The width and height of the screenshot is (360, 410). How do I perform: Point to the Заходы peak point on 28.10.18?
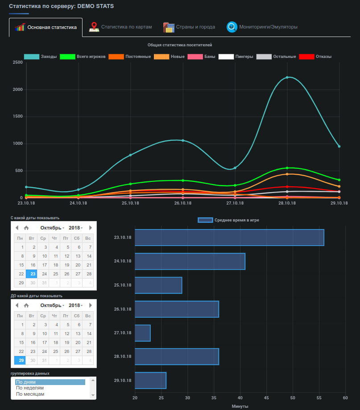(287, 78)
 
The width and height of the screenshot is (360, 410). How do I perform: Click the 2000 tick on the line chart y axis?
(17, 90)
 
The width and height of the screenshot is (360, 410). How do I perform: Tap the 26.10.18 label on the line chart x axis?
(183, 203)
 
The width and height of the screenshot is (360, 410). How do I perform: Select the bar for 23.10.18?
(229, 238)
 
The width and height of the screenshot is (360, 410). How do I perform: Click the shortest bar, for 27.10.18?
(143, 333)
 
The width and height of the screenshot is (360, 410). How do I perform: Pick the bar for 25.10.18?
(158, 285)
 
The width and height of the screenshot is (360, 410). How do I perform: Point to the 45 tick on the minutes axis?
(266, 398)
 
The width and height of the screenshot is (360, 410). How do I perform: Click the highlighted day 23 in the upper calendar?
(33, 274)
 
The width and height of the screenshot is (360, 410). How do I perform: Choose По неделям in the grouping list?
(30, 388)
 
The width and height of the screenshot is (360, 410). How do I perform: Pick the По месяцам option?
(30, 394)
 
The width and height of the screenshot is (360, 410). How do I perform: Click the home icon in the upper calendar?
(26, 228)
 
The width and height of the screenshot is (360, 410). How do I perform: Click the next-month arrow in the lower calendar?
(91, 305)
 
